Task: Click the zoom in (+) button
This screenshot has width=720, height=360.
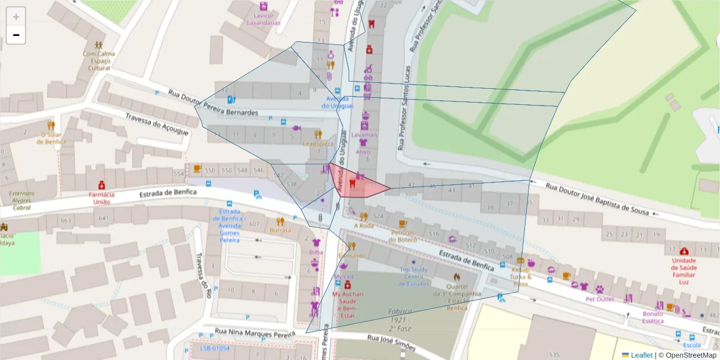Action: tap(16, 17)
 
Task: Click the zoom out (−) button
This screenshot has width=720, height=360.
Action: tap(16, 35)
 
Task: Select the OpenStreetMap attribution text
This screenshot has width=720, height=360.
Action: tap(691, 355)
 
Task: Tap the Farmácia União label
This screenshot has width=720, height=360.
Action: tap(101, 198)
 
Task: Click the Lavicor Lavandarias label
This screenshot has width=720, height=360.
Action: tap(263, 19)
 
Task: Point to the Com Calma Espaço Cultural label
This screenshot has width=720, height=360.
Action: tap(99, 61)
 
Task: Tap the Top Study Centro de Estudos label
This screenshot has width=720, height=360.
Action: tap(413, 277)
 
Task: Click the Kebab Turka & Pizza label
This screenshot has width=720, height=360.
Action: tap(520, 277)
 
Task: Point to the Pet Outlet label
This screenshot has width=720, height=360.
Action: tap(600, 299)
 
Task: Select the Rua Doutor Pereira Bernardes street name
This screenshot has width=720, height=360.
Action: tap(213, 103)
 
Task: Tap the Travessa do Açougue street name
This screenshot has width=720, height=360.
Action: tap(157, 124)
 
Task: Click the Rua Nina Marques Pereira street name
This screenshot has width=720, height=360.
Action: tap(255, 332)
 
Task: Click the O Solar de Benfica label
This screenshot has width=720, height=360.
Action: tap(51, 138)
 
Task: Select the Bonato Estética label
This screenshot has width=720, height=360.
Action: tap(653, 317)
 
